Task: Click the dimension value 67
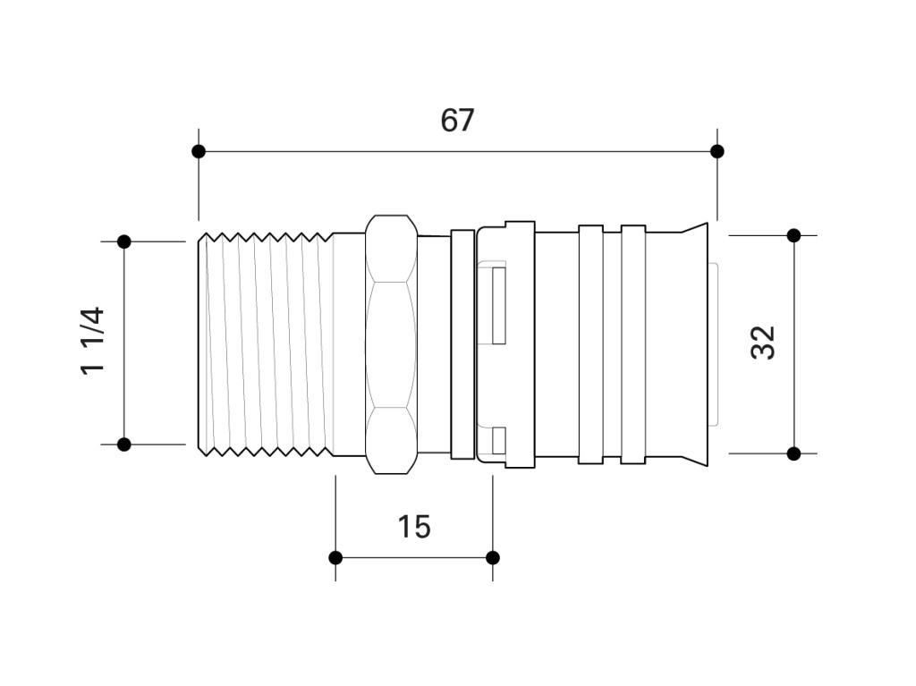click(x=457, y=121)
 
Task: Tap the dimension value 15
click(x=414, y=527)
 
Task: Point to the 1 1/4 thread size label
click(x=93, y=342)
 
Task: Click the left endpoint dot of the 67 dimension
click(x=199, y=152)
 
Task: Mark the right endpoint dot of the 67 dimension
click(x=717, y=152)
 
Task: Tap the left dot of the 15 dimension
click(x=335, y=557)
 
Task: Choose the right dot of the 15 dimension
click(x=493, y=557)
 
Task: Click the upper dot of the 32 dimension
click(x=794, y=235)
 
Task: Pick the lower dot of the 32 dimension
click(x=794, y=453)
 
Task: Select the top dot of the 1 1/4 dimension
click(x=123, y=241)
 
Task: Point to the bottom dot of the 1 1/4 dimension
click(x=123, y=445)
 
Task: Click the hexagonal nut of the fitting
click(x=392, y=344)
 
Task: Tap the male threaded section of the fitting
click(x=266, y=344)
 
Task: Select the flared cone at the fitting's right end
click(x=695, y=344)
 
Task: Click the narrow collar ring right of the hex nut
click(x=462, y=344)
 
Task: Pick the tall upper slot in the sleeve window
click(x=499, y=306)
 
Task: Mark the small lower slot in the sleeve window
click(x=499, y=441)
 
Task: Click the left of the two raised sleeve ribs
click(x=590, y=344)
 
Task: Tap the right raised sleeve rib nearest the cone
click(x=633, y=344)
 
